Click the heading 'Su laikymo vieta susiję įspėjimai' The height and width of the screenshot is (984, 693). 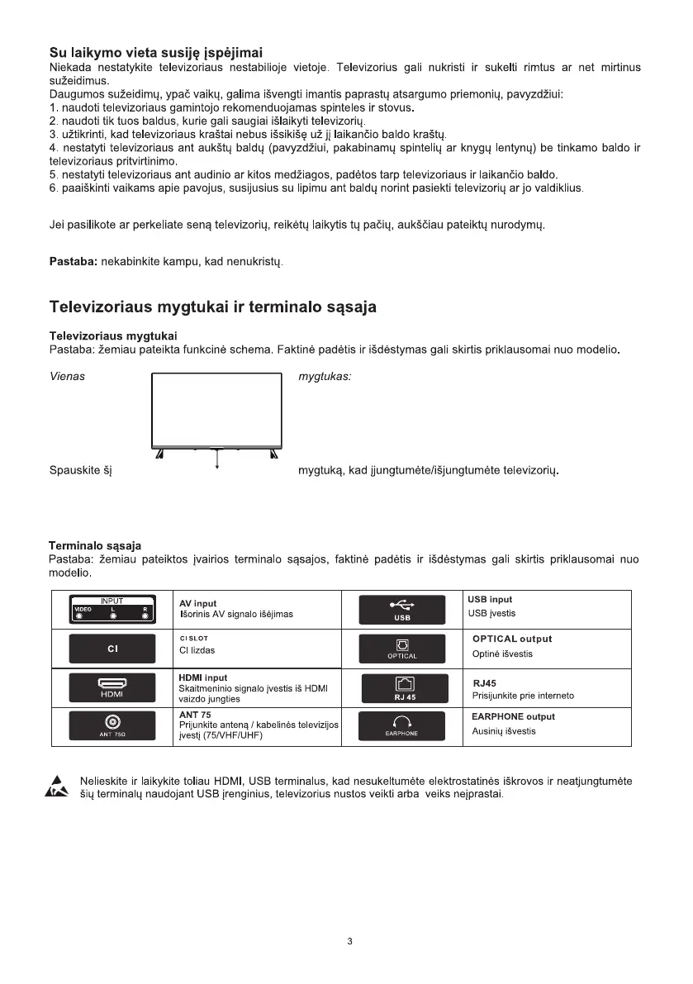(x=157, y=54)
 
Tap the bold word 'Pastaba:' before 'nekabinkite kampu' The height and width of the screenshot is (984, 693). (x=74, y=263)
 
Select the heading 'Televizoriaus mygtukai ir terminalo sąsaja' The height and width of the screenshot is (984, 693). (x=213, y=307)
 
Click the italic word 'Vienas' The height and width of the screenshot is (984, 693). (x=68, y=376)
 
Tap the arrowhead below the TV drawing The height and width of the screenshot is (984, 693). (x=216, y=468)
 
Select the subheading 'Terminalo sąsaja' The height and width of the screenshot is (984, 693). (x=95, y=545)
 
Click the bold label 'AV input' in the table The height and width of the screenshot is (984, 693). (x=198, y=603)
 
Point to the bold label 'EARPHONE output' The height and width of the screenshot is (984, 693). (x=513, y=716)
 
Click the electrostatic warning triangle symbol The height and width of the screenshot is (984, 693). (x=56, y=787)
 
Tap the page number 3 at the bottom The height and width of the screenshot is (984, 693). (x=351, y=942)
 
